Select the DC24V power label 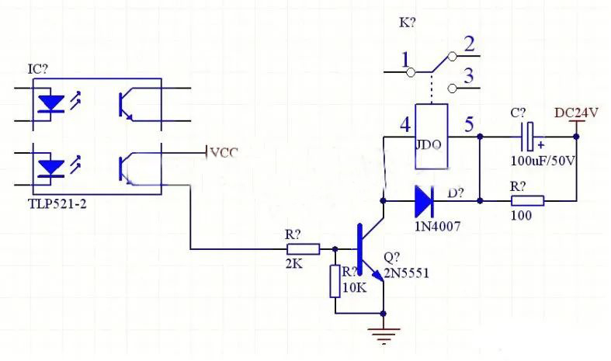(x=577, y=113)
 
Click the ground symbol (x=384, y=334)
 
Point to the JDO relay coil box (x=432, y=137)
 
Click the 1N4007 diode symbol (x=423, y=201)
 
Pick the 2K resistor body (x=303, y=249)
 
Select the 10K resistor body (x=335, y=281)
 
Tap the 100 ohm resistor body (x=527, y=201)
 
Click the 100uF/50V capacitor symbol (x=528, y=137)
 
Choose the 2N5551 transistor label (x=406, y=273)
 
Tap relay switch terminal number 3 (x=469, y=76)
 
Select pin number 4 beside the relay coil (x=404, y=124)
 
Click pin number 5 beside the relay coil (x=468, y=124)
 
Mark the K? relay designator (x=407, y=23)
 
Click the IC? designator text (x=39, y=70)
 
